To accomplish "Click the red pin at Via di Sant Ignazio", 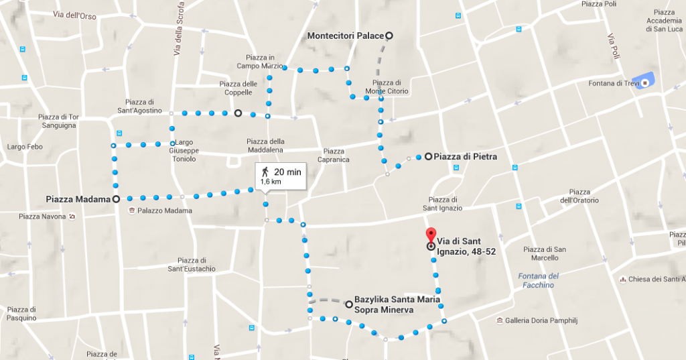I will (430, 236).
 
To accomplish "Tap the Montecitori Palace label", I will (346, 36).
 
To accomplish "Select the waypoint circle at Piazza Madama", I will (116, 198).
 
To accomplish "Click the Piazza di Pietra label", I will (465, 157).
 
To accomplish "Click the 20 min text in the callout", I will (287, 172).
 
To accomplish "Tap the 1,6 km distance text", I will (271, 182).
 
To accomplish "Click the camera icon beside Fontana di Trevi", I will (644, 83).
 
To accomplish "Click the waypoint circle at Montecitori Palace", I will (389, 36).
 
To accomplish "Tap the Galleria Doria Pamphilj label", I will (541, 321).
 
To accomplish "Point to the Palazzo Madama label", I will (165, 211).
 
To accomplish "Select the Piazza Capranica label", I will (334, 156).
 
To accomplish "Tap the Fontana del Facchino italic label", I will (538, 280).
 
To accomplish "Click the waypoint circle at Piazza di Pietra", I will (428, 157).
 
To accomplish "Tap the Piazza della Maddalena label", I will (265, 145).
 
